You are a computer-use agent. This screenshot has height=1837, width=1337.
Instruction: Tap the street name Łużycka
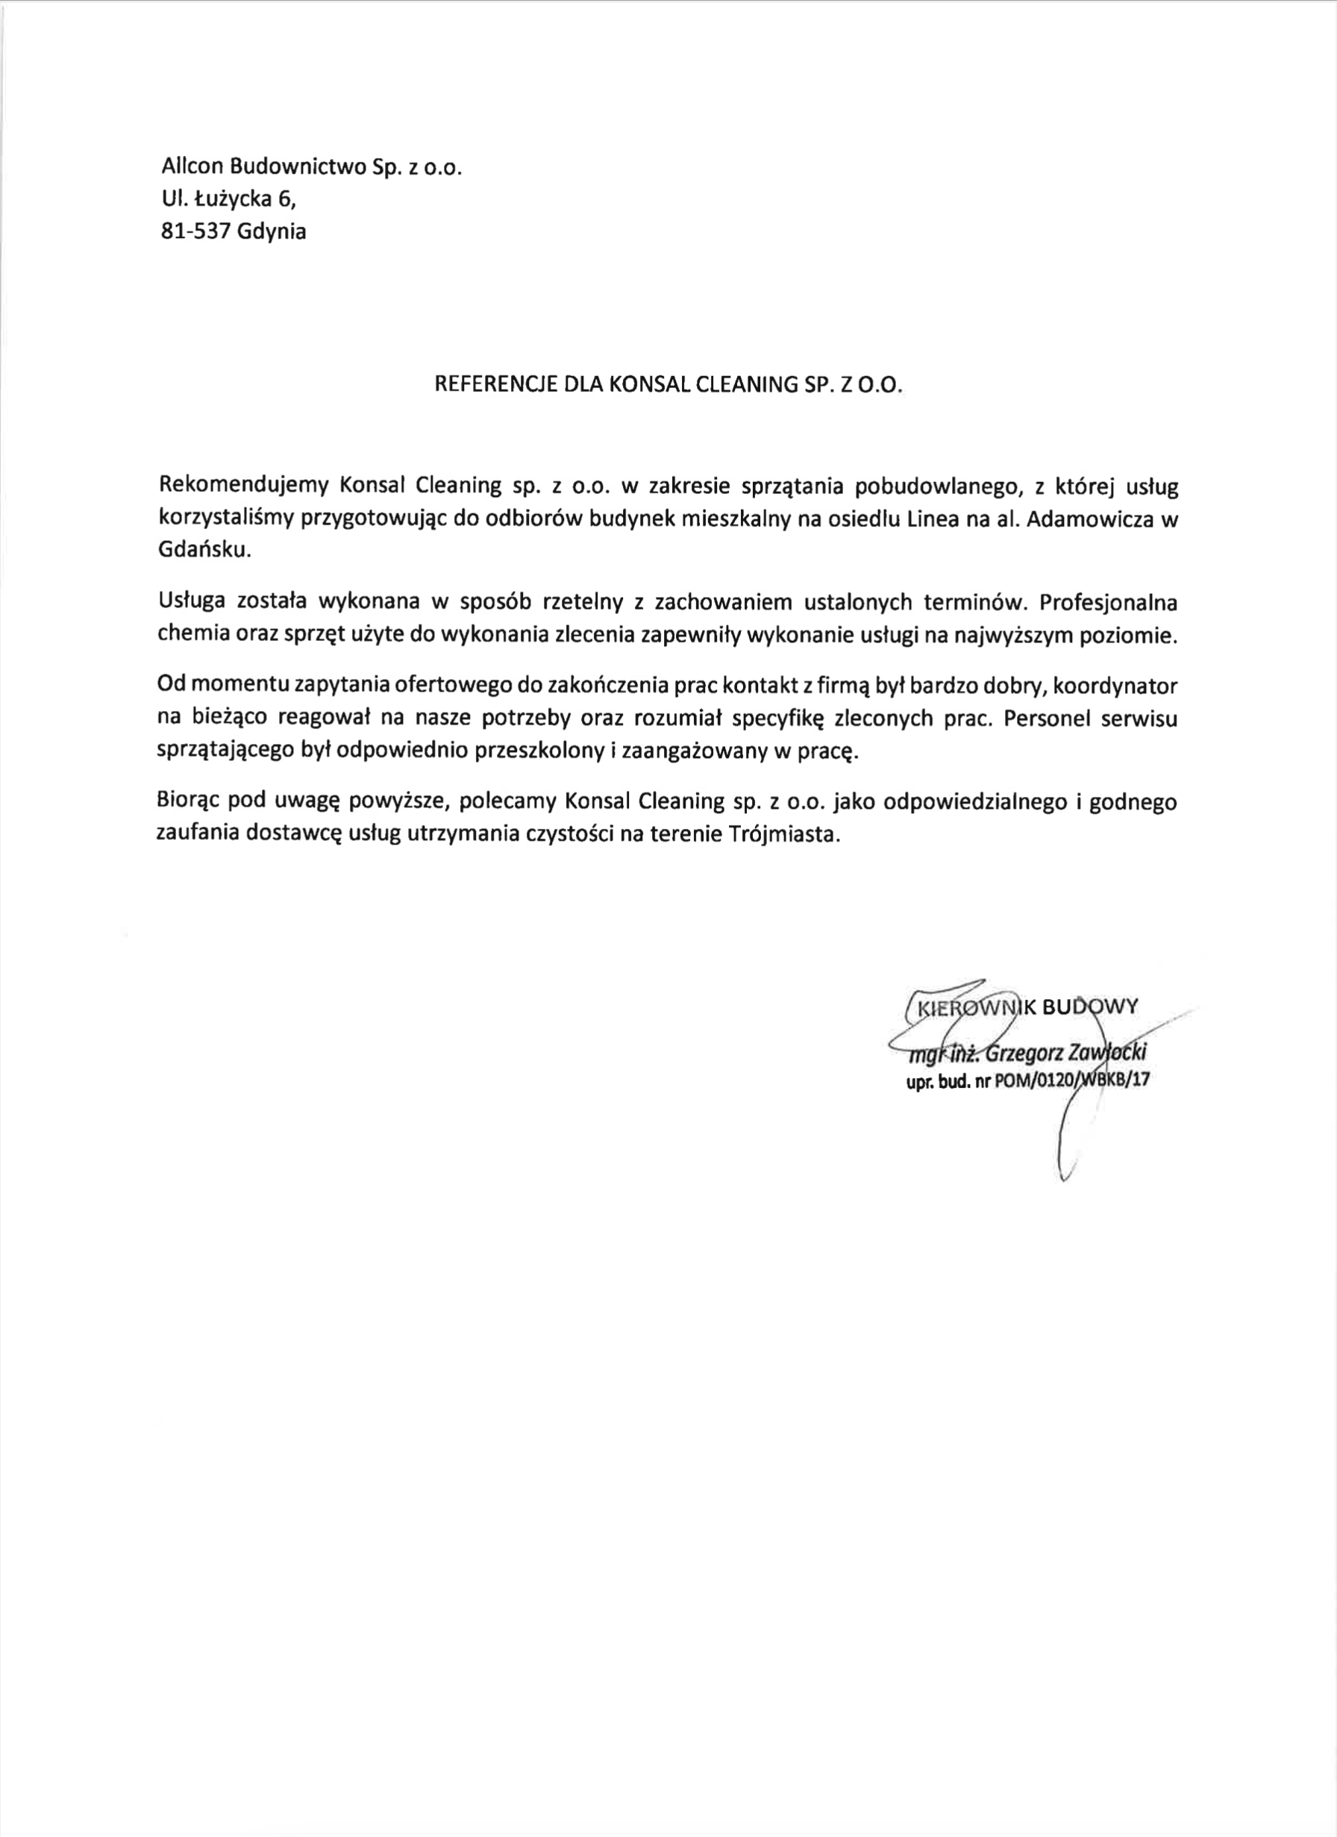[229, 199]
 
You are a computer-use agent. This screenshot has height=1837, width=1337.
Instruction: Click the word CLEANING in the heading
[743, 385]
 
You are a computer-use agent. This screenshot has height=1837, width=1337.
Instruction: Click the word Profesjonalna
[1108, 604]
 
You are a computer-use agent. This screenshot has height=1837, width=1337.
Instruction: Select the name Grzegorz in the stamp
[1023, 1054]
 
